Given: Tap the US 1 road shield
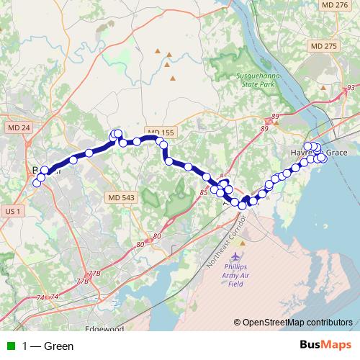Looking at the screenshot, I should click(13, 210).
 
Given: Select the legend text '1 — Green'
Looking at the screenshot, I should click(48, 346).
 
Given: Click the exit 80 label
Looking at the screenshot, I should click(140, 246).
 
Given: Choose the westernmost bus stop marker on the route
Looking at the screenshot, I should click(36, 183).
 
